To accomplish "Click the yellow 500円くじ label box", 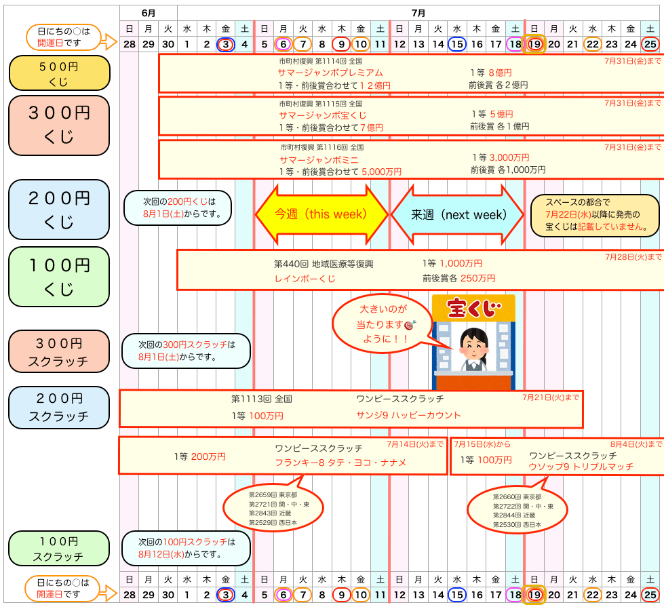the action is tap(59, 73).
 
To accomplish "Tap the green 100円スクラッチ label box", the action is tap(59, 548).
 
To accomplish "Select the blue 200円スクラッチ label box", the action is tap(59, 408).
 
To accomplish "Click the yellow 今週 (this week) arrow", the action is tap(321, 214).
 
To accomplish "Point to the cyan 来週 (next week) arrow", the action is tap(458, 215).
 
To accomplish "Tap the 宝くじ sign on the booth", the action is tap(473, 308).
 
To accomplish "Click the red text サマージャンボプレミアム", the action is tap(330, 73).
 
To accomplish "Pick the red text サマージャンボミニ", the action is tap(319, 160).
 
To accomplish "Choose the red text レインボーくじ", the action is tap(305, 279).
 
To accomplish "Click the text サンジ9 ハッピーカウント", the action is tap(409, 415).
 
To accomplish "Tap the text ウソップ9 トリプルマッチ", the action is tap(581, 467).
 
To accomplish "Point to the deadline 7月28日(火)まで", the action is tap(633, 257).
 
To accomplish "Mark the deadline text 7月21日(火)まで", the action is tap(551, 397).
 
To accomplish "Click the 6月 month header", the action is tap(149, 13).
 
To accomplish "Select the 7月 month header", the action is tap(418, 13).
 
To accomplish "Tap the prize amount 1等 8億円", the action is tap(491, 73).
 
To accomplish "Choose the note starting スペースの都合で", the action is tap(595, 215).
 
